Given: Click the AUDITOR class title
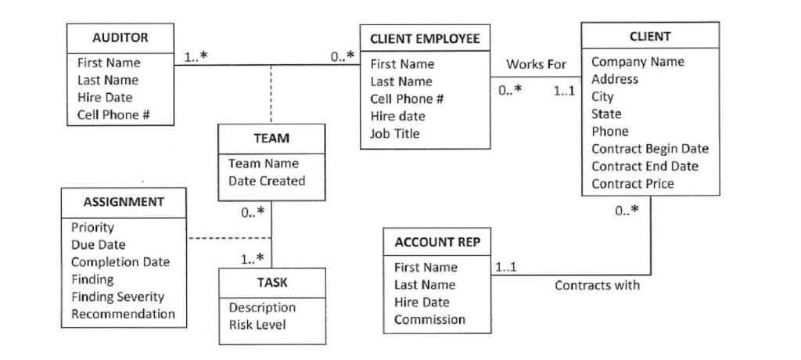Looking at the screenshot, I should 120,38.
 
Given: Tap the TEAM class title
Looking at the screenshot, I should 271,139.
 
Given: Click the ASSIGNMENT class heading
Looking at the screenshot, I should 124,202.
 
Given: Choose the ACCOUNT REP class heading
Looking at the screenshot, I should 436,243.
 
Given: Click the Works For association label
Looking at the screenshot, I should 536,64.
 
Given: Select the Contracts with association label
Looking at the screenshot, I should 597,285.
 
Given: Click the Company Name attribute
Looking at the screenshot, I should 637,61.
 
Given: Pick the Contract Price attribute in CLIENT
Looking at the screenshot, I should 632,183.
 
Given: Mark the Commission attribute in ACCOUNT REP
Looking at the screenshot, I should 429,319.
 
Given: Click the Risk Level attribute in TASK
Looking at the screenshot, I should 257,325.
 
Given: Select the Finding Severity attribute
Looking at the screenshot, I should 117,297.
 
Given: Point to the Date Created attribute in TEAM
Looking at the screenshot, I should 266,181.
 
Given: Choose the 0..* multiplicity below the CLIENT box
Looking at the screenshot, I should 627,210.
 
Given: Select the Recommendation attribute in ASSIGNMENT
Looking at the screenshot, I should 123,314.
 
